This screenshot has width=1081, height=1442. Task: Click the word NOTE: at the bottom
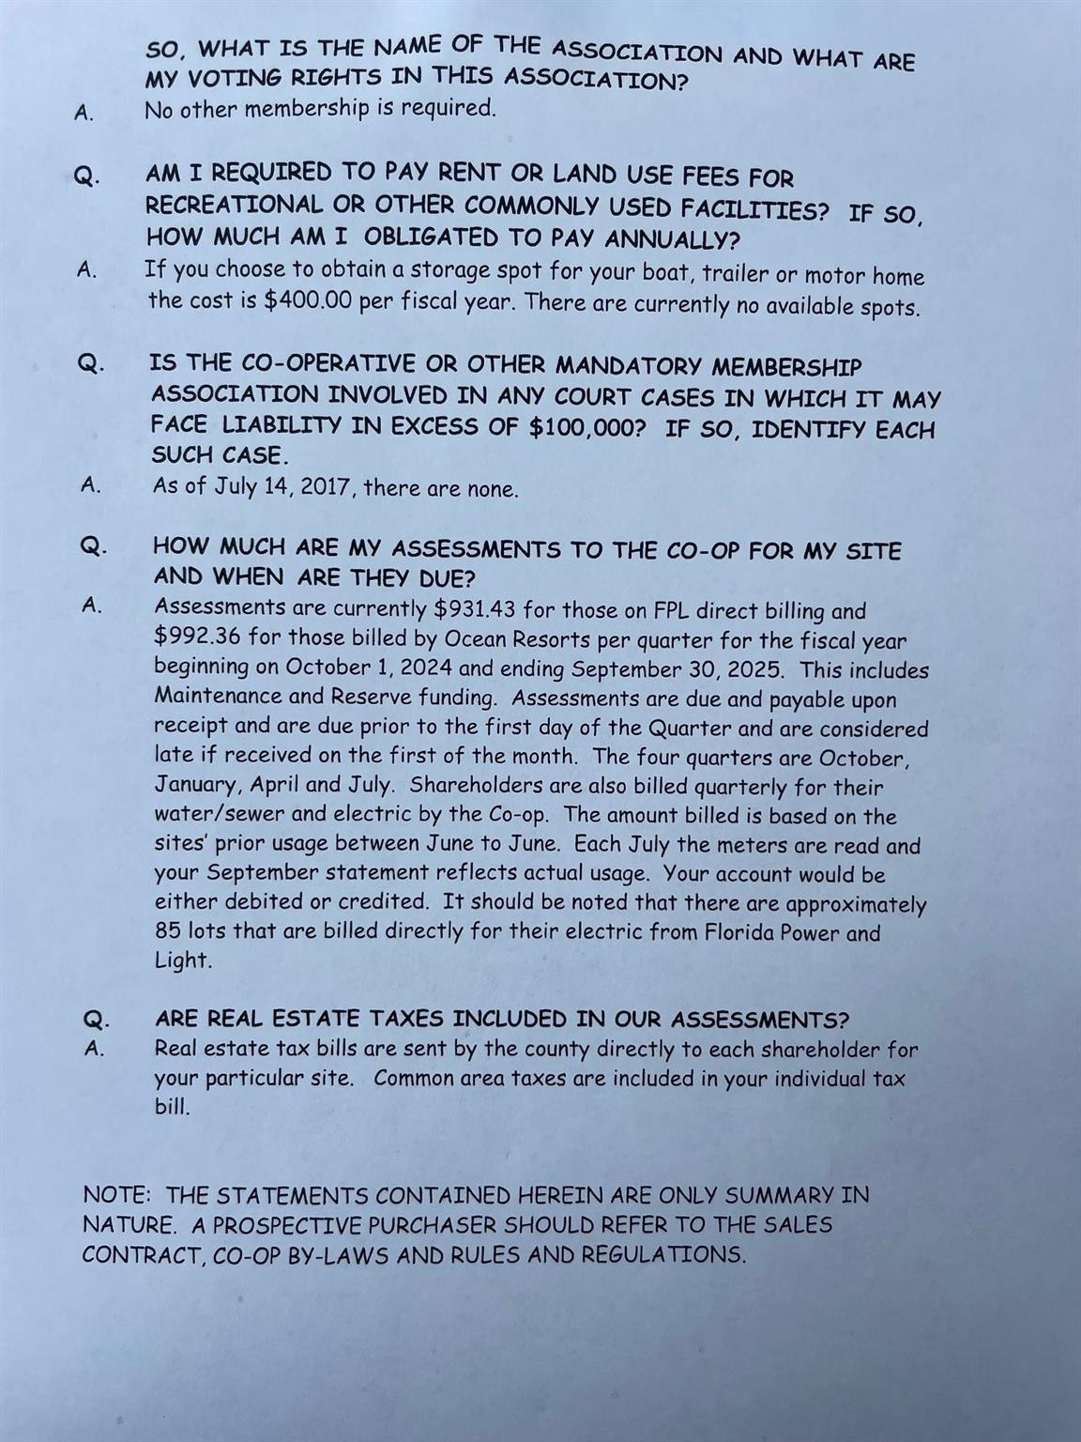tap(116, 1195)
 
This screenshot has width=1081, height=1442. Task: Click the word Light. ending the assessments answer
tap(183, 960)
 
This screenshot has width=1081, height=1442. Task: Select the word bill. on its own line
tap(173, 1106)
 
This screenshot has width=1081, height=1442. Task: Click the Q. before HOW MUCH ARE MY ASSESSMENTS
tap(93, 545)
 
